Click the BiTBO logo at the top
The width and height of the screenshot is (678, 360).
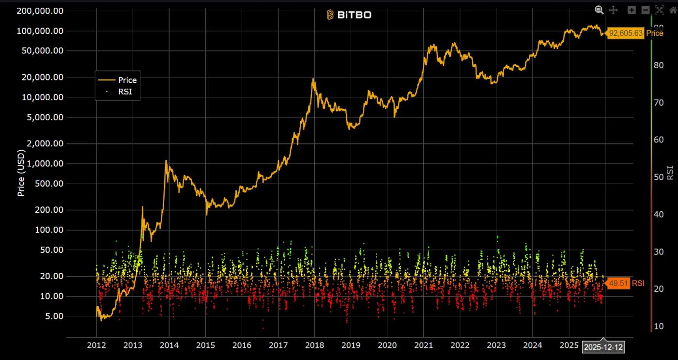[349, 15]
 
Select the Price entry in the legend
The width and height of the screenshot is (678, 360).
[127, 80]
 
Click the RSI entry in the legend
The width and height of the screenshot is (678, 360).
[125, 91]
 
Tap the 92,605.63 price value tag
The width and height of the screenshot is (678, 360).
[626, 33]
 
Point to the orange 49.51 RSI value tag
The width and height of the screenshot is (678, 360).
[618, 283]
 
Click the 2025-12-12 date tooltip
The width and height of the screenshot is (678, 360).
[603, 347]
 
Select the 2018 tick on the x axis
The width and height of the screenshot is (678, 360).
[314, 345]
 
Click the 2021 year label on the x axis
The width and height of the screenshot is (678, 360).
[423, 345]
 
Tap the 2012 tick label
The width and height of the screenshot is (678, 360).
[96, 345]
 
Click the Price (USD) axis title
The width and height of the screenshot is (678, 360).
[21, 172]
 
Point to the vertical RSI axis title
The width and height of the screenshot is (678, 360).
[670, 172]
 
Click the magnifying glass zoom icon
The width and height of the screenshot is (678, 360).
[599, 10]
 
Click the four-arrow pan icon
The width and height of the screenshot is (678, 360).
[613, 10]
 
